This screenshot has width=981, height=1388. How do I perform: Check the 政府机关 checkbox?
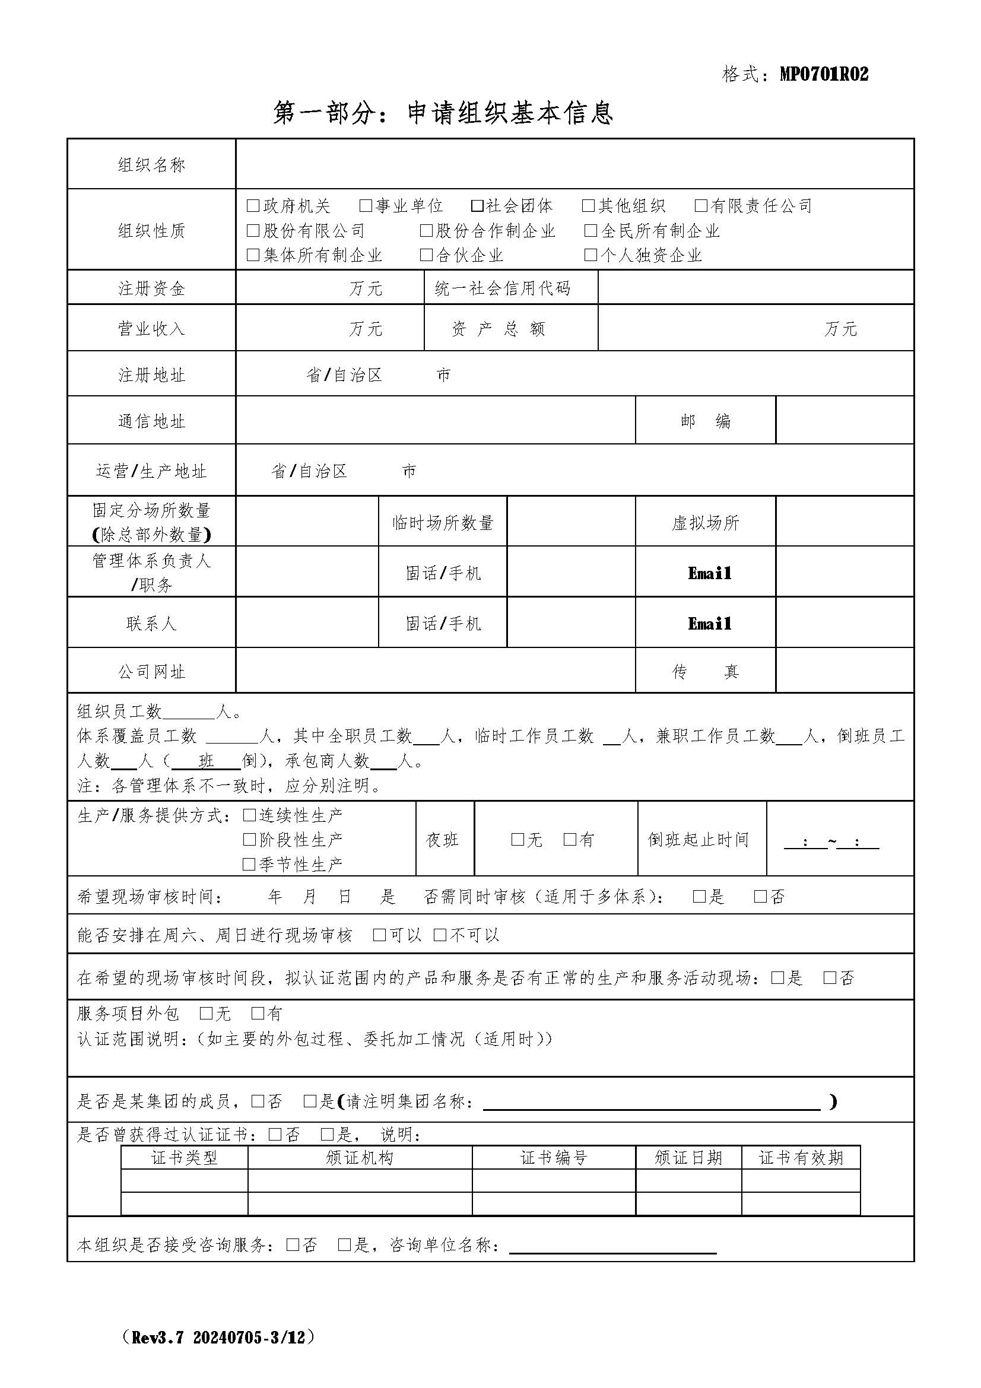click(253, 206)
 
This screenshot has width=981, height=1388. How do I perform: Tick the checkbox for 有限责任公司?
click(700, 206)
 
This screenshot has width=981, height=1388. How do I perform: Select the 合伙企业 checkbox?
click(426, 255)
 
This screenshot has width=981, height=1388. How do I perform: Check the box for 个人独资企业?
click(590, 255)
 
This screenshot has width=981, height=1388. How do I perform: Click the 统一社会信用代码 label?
click(502, 288)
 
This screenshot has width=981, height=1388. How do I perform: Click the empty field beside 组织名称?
click(574, 164)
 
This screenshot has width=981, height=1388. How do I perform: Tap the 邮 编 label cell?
click(705, 421)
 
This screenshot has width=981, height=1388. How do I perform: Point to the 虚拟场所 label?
click(705, 522)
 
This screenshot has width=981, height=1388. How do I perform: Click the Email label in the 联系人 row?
click(709, 623)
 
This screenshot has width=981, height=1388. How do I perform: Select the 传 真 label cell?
click(705, 671)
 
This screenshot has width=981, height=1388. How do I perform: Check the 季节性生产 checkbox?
click(249, 865)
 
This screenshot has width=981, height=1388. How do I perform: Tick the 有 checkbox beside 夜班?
click(569, 840)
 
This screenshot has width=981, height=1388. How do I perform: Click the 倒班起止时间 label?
click(698, 840)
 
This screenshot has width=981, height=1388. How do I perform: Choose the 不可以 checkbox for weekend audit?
click(440, 935)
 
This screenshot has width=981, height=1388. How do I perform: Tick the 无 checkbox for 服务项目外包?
click(206, 1014)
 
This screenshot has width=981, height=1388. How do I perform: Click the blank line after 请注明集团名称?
click(652, 1102)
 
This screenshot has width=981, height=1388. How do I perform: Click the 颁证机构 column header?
click(360, 1158)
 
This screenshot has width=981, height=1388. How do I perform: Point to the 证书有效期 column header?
click(800, 1158)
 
